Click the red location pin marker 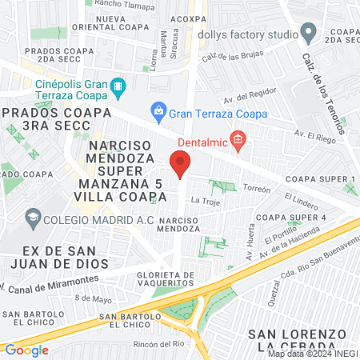[180, 165]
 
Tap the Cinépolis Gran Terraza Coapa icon [118, 85]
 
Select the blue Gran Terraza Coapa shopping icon [159, 110]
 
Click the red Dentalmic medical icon [238, 140]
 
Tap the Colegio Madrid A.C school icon [33, 217]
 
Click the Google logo [26, 350]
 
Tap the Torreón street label [257, 189]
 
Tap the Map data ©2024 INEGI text [312, 354]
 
